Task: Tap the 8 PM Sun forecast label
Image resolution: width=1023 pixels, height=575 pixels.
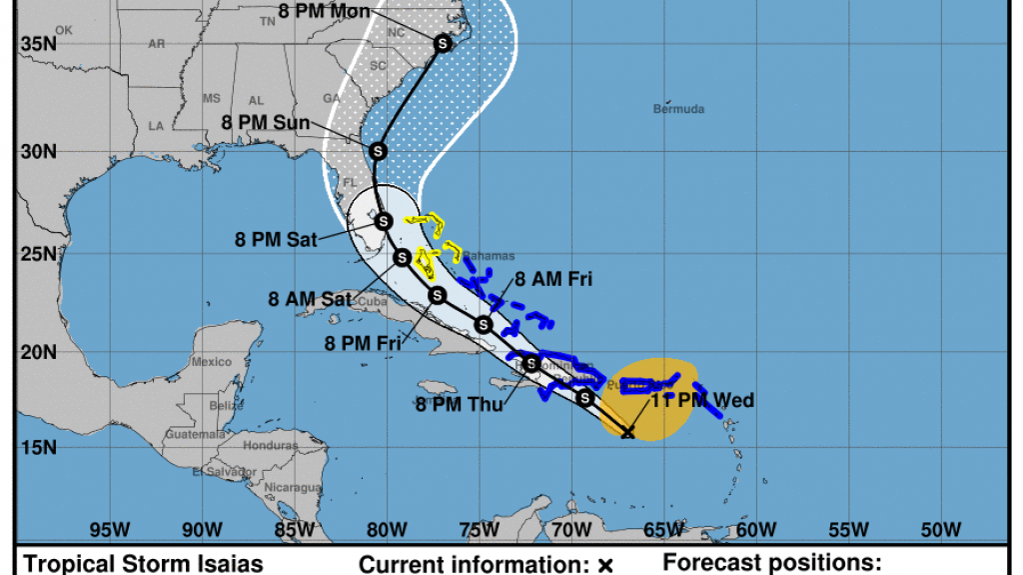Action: pos(265,122)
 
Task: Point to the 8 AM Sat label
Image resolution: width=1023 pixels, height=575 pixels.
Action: pos(309,299)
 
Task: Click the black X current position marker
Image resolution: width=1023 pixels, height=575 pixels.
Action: pos(627,432)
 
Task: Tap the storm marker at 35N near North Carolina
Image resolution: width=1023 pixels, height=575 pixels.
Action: pos(443,43)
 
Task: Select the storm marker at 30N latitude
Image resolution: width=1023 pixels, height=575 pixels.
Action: pos(378,151)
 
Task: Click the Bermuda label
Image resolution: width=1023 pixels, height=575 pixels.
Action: pos(679,109)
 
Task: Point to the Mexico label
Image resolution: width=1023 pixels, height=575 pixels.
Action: pos(212,362)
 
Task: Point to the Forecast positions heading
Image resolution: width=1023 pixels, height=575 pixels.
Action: pos(772,563)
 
